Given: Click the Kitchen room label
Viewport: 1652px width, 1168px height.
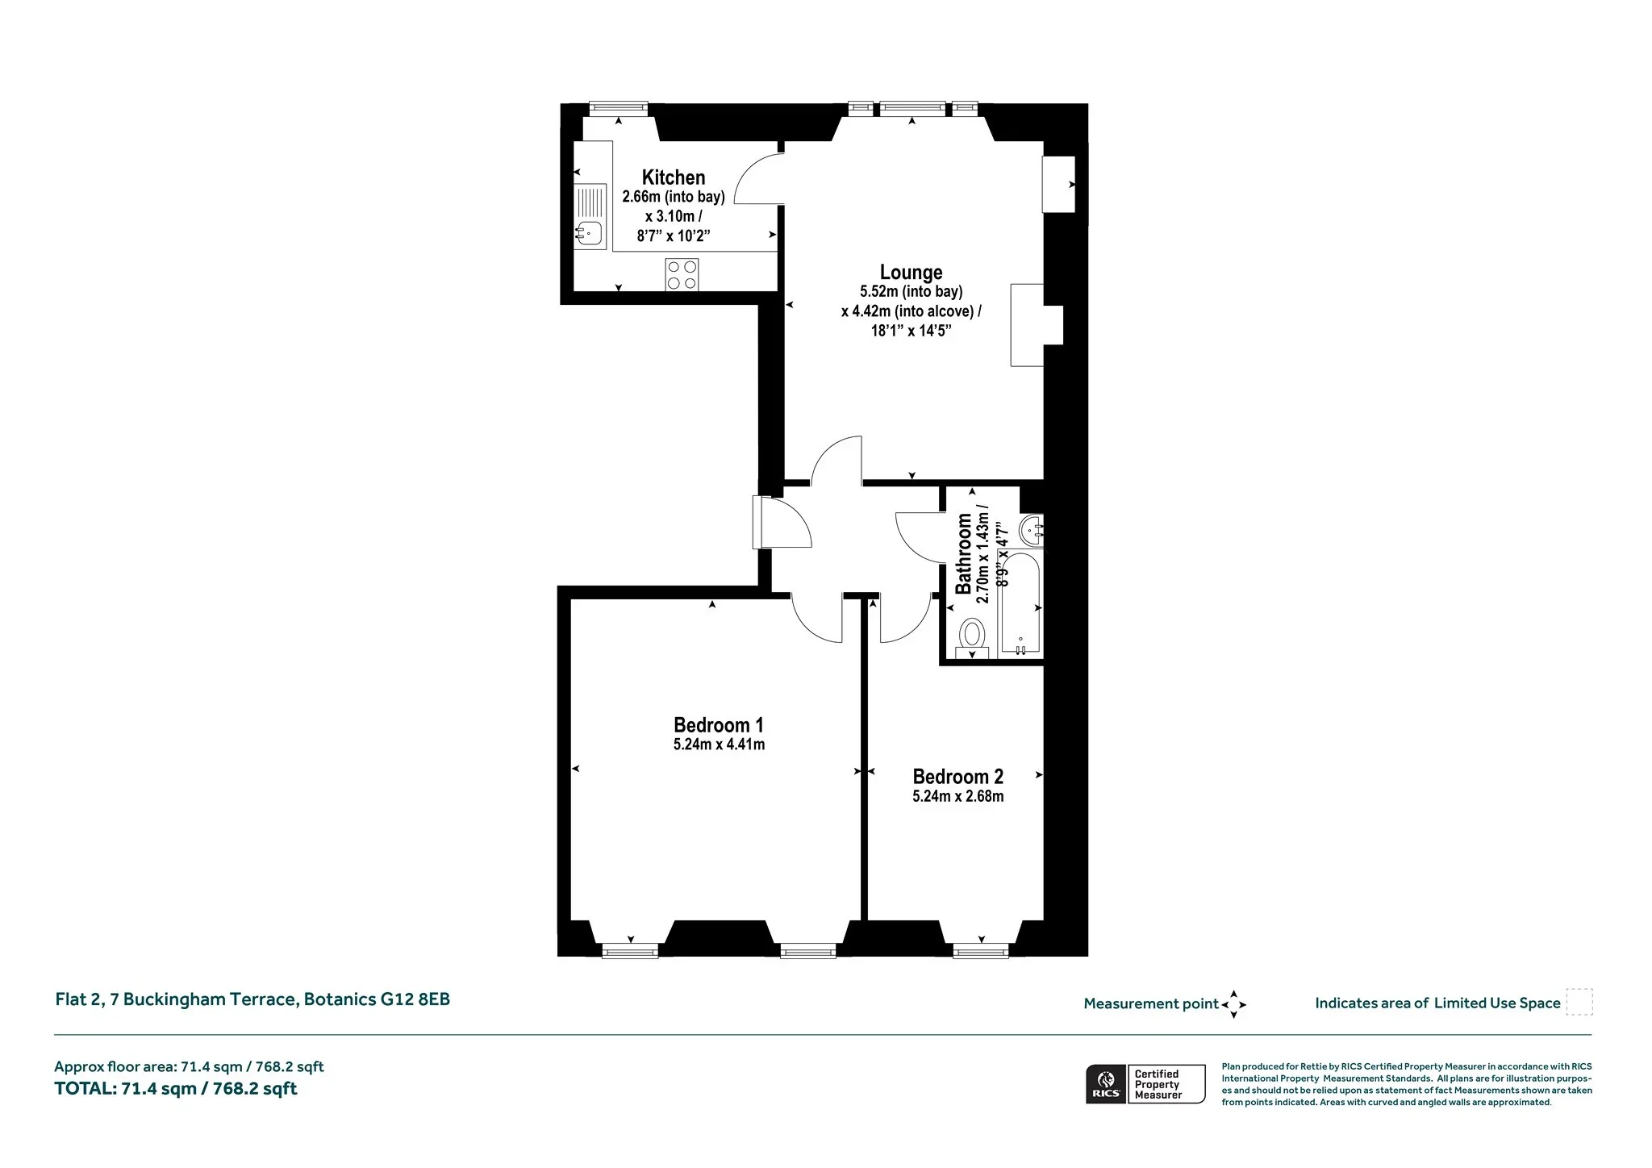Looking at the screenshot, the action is [x=674, y=177].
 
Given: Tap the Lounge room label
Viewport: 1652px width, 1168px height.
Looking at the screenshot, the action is [x=911, y=273].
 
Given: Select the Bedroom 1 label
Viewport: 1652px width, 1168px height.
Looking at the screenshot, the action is [x=719, y=725].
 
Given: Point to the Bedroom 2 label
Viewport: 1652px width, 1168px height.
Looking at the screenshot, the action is [x=958, y=777].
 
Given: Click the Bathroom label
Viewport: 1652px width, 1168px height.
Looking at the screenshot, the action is [x=963, y=553].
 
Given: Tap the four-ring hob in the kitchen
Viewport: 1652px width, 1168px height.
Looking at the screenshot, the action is [x=682, y=274].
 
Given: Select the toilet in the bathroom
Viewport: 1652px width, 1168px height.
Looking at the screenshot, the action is [x=972, y=639].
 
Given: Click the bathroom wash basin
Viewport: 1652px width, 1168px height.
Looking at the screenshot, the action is [x=1032, y=531].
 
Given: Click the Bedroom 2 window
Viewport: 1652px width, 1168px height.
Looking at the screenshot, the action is [x=981, y=952].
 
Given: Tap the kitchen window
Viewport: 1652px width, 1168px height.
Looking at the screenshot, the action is [x=619, y=107].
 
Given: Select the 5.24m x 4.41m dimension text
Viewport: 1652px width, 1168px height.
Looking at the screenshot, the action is [x=719, y=745].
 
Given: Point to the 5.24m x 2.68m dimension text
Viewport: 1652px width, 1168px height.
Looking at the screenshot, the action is [x=958, y=797].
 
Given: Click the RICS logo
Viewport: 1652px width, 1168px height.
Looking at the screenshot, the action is [x=1106, y=1084].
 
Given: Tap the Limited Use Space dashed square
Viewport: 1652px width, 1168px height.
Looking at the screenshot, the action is [x=1579, y=1002].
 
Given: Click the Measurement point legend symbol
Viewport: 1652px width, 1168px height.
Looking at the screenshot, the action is [x=1233, y=1004].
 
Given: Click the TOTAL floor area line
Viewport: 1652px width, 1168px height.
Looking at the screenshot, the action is [x=176, y=1089].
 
